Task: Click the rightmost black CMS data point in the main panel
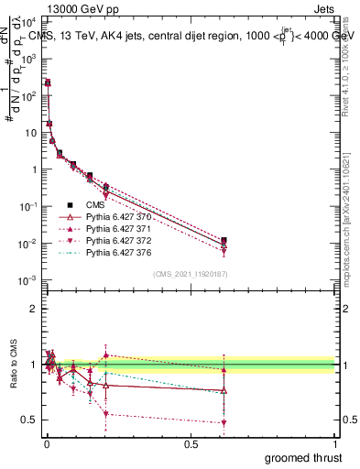224,240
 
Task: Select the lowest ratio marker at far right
224,422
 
